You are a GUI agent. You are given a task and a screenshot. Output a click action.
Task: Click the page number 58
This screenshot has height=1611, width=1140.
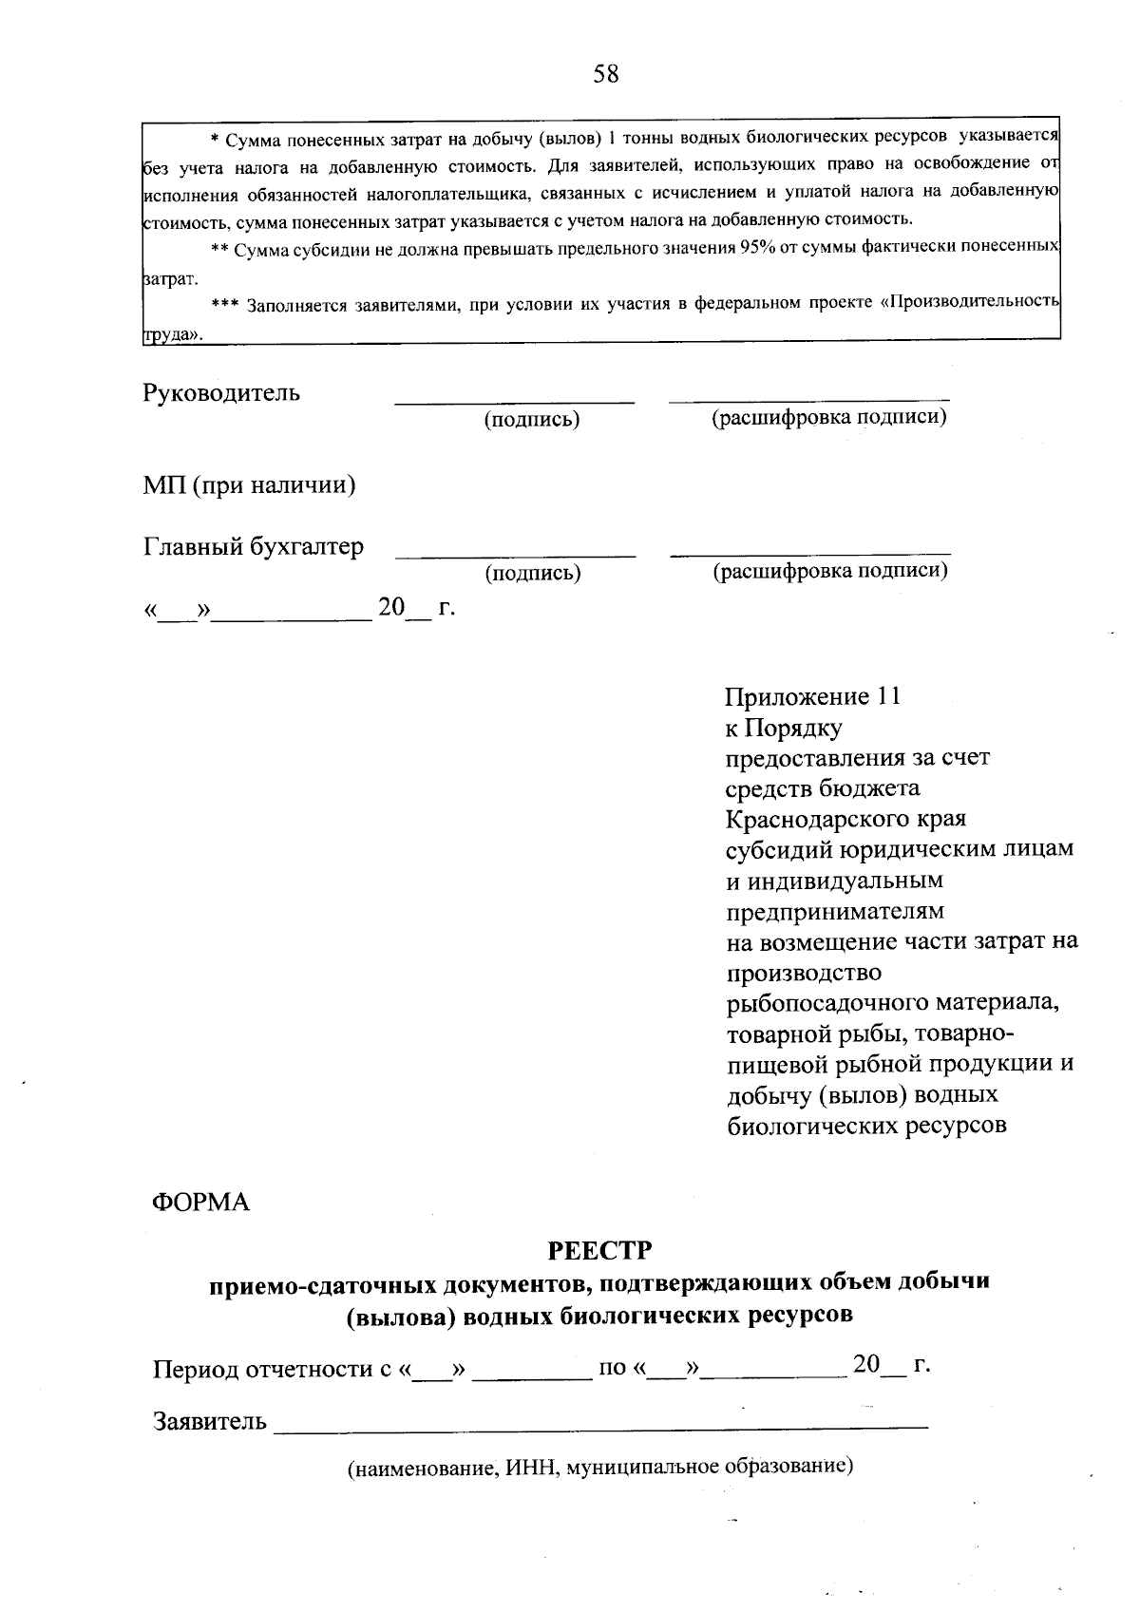point(605,74)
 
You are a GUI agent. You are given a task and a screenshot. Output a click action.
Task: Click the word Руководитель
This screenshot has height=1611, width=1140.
point(221,392)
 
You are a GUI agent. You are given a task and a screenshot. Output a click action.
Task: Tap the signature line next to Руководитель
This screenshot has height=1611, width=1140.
point(514,400)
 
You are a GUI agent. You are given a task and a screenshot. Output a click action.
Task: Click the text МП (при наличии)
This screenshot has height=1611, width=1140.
point(249,485)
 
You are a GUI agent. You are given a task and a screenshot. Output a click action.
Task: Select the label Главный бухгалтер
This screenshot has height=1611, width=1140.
point(253,547)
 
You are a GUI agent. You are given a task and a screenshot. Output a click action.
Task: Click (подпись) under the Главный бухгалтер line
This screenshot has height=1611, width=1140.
point(532,573)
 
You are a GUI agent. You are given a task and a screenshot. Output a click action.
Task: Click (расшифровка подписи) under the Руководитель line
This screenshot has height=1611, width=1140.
point(829,417)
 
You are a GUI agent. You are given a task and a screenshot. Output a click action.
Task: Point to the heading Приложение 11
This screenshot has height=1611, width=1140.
point(812,697)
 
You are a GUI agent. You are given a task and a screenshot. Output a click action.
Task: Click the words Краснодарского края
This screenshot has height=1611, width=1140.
point(845,819)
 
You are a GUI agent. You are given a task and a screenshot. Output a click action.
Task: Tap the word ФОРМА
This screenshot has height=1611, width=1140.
point(200,1203)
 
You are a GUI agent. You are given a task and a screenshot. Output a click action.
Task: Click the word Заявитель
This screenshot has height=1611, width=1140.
point(210,1422)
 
